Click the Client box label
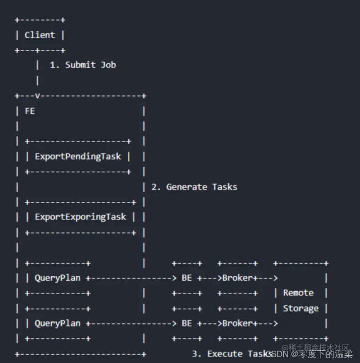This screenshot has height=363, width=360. coord(40,35)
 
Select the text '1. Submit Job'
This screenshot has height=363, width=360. coord(83,65)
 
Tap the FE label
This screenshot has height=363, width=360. coord(30,111)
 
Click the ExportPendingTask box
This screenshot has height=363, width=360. coord(78,157)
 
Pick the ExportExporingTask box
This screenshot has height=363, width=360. coord(80,217)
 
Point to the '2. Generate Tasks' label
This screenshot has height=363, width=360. coord(194,187)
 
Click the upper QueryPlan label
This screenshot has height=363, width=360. coord(57,278)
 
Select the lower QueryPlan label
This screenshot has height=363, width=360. coord(57,323)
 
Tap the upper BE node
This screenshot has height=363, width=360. coord(187,278)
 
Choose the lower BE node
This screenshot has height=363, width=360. coord(187,323)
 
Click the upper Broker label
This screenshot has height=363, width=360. coord(237,278)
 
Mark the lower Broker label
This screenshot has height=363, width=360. coord(237,323)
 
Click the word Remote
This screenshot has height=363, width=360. coord(298,293)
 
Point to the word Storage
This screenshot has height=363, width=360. coord(301,308)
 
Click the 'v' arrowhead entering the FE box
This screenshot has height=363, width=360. coord(37,96)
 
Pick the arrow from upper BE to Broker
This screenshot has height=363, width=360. coord(210,278)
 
